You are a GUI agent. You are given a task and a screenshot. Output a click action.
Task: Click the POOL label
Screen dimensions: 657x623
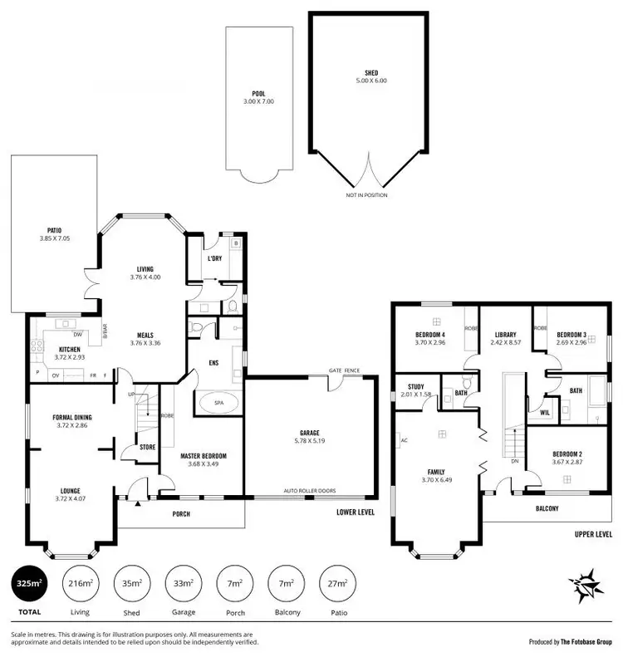click(x=258, y=94)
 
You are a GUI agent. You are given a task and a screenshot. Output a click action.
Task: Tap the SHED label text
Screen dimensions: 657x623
click(x=371, y=73)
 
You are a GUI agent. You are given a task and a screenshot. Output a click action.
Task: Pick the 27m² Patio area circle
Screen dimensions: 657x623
click(x=337, y=584)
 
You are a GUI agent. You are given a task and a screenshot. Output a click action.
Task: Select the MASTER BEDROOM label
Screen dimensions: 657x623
click(x=204, y=456)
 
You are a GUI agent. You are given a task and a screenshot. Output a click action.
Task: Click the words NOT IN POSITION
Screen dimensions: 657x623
click(x=366, y=195)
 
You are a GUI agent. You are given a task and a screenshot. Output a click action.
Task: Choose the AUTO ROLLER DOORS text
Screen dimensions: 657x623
click(x=308, y=491)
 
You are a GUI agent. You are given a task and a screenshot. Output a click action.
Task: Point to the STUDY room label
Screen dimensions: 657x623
click(x=416, y=386)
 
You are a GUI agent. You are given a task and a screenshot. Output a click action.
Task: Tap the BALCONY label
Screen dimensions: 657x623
click(x=547, y=508)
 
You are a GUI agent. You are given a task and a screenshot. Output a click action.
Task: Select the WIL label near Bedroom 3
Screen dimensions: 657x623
click(x=545, y=412)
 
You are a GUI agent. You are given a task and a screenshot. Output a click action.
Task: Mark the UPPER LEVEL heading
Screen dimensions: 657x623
click(x=593, y=536)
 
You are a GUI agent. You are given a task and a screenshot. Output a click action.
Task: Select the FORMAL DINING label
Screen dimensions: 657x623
click(x=71, y=417)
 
